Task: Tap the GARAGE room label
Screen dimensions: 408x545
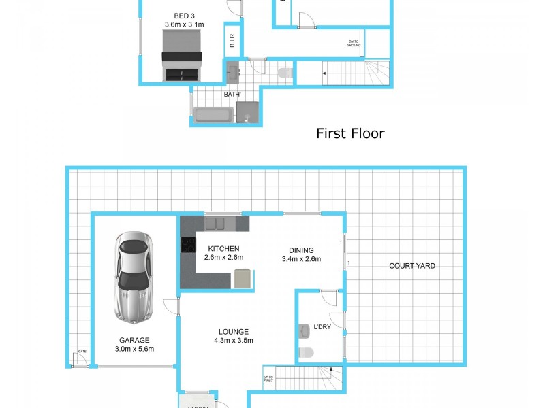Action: coord(134,341)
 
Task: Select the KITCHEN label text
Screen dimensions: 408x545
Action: coord(224,248)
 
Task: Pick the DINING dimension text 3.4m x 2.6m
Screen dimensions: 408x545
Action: coord(300,258)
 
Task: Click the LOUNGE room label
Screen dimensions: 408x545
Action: coord(233,332)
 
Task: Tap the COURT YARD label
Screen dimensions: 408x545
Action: coord(411,266)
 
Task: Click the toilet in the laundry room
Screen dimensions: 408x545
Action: coord(306,352)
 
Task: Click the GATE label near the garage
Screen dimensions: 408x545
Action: coord(82,352)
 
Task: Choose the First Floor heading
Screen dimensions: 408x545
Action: coord(349,133)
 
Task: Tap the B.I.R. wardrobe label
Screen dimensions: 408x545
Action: coord(232,41)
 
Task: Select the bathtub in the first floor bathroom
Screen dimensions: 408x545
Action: coord(213,114)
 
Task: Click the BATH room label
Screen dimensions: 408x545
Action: coord(231,95)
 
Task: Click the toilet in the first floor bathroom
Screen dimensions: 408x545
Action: coord(285,72)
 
